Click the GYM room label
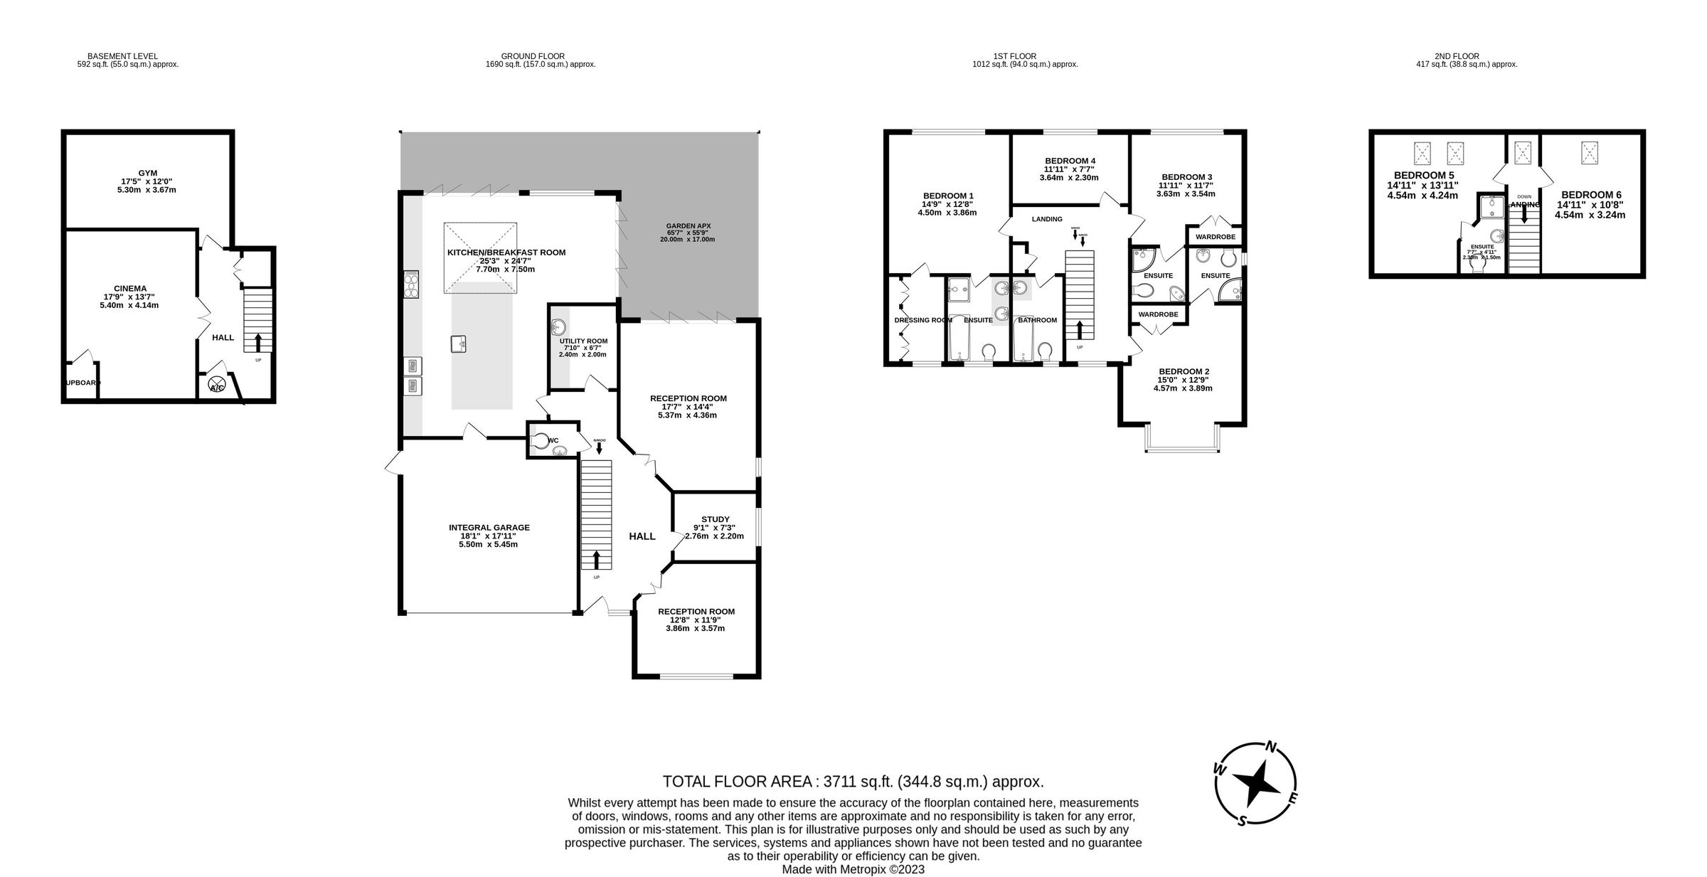pyautogui.click(x=148, y=174)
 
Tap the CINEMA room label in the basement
pyautogui.click(x=129, y=289)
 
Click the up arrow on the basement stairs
pyautogui.click(x=257, y=341)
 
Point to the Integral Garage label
pyautogui.click(x=489, y=528)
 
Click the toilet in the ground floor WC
pyautogui.click(x=541, y=441)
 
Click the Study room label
pyautogui.click(x=715, y=519)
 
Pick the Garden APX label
pyautogui.click(x=688, y=226)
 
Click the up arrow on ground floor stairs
pyautogui.click(x=596, y=559)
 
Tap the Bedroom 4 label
pyautogui.click(x=1070, y=161)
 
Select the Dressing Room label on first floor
pyautogui.click(x=922, y=320)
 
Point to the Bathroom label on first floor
pyautogui.click(x=1037, y=320)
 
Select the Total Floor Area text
pyautogui.click(x=853, y=782)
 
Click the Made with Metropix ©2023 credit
pyautogui.click(x=853, y=869)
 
